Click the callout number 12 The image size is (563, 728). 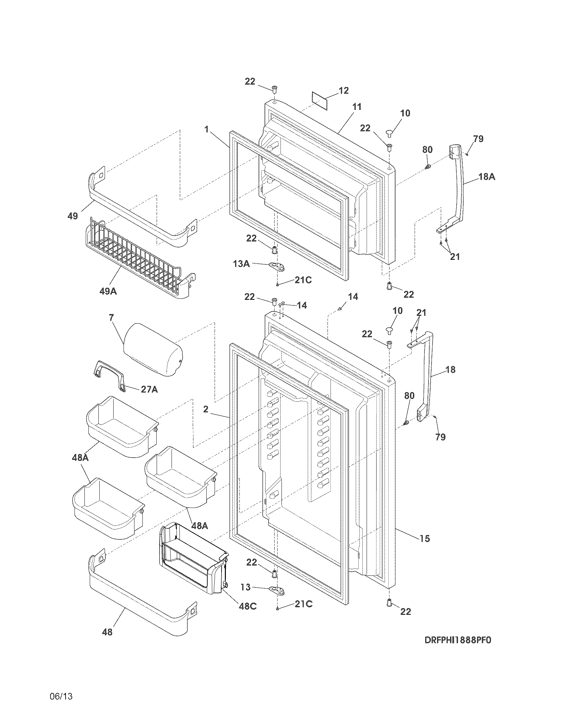click(343, 90)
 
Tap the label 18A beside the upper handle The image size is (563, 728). click(487, 177)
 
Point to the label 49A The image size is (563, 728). click(108, 291)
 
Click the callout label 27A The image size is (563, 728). click(149, 389)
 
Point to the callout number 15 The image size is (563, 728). click(425, 538)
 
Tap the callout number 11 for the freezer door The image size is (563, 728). click(357, 107)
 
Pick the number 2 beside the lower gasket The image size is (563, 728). click(206, 409)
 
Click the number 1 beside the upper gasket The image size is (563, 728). click(207, 129)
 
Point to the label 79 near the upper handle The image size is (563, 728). click(478, 139)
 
